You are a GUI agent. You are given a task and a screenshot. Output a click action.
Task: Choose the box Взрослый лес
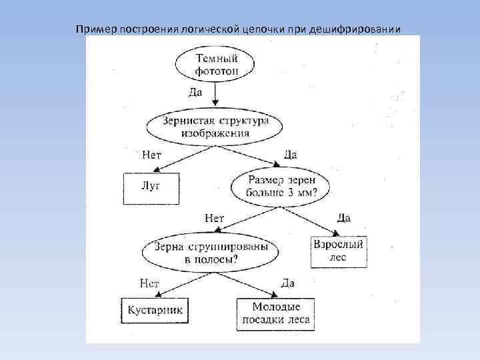pyautogui.click(x=339, y=251)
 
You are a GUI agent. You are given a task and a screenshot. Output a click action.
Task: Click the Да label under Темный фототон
pyautogui.click(x=195, y=92)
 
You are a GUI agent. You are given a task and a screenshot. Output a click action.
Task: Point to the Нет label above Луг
pyautogui.click(x=152, y=155)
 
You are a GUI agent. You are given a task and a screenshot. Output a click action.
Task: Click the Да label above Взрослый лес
pyautogui.click(x=343, y=219)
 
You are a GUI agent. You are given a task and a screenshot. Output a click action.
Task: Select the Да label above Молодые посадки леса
pyautogui.click(x=287, y=283)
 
